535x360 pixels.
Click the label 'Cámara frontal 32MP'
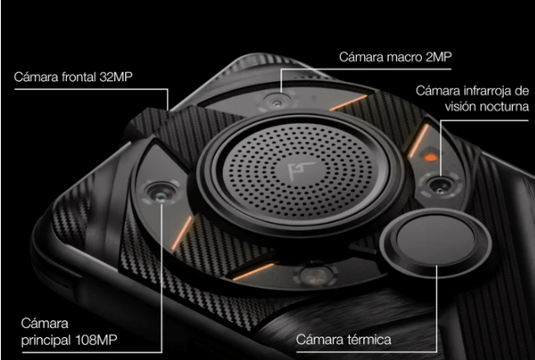[73, 77]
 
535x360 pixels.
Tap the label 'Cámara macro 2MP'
[396, 57]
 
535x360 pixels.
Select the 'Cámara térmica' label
[344, 340]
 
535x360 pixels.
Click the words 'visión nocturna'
[487, 106]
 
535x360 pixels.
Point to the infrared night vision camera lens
[440, 186]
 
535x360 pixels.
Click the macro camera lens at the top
[277, 101]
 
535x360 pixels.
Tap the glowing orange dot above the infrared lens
[431, 157]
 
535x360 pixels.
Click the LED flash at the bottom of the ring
[315, 275]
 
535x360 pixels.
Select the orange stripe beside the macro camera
[349, 103]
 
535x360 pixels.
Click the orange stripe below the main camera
[183, 232]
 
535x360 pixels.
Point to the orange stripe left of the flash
[254, 271]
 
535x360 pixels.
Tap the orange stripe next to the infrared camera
[418, 141]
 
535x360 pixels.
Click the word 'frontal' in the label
[79, 77]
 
